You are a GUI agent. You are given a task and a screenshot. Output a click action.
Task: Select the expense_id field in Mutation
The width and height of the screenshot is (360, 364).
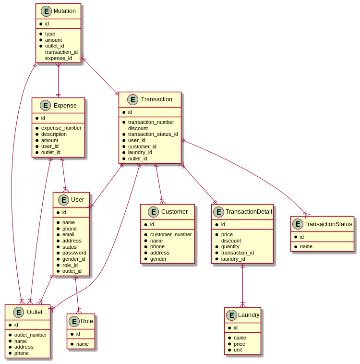(58, 58)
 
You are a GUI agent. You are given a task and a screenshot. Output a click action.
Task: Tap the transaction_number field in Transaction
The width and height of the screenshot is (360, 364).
(151, 122)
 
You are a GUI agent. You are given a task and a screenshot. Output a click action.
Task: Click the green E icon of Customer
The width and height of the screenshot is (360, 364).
(153, 212)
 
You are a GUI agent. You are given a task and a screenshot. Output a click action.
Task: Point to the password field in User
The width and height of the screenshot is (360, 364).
(74, 253)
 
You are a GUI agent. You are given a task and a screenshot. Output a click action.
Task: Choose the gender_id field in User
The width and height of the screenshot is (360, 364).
(73, 259)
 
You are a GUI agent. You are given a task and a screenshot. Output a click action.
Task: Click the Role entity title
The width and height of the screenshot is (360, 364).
(87, 321)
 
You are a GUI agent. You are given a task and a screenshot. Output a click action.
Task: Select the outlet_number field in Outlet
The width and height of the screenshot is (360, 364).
(30, 335)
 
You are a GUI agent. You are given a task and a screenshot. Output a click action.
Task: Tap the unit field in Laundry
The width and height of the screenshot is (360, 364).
(238, 350)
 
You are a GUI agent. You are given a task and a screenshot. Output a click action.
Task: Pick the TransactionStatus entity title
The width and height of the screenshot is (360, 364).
(328, 224)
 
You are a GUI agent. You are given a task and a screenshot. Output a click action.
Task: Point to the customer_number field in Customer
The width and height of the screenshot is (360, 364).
(170, 234)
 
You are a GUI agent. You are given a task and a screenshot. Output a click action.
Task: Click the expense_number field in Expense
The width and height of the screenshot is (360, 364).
(61, 128)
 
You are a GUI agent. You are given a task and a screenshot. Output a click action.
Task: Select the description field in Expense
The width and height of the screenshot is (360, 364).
(54, 134)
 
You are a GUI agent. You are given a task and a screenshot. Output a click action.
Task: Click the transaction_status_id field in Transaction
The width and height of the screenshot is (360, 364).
(153, 134)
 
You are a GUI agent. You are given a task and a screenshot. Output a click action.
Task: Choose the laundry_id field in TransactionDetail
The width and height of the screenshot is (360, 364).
(233, 259)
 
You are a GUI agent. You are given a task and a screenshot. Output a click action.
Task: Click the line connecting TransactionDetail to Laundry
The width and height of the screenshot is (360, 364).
(242, 285)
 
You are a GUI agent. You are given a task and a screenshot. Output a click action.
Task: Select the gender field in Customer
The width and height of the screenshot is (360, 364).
(158, 259)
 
